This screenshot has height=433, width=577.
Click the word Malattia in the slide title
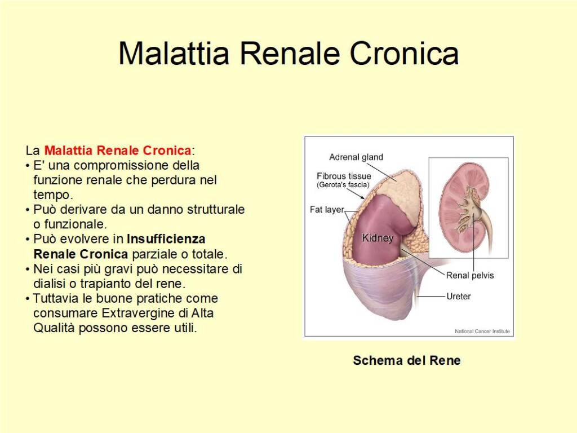tap(174, 54)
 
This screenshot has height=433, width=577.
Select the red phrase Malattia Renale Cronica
tap(117, 151)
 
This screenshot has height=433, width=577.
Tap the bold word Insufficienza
tap(166, 238)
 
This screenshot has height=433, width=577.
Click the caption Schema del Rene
tap(406, 360)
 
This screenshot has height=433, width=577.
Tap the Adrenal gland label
tap(356, 157)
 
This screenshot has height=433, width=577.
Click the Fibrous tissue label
tap(344, 176)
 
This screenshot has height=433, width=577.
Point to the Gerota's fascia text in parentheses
tap(343, 185)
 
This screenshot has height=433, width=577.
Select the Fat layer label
tap(327, 210)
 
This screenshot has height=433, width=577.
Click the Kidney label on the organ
tap(377, 238)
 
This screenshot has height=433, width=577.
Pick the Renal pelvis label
tap(469, 275)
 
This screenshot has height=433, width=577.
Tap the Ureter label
tap(458, 296)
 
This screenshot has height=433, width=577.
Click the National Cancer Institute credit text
tap(482, 332)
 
